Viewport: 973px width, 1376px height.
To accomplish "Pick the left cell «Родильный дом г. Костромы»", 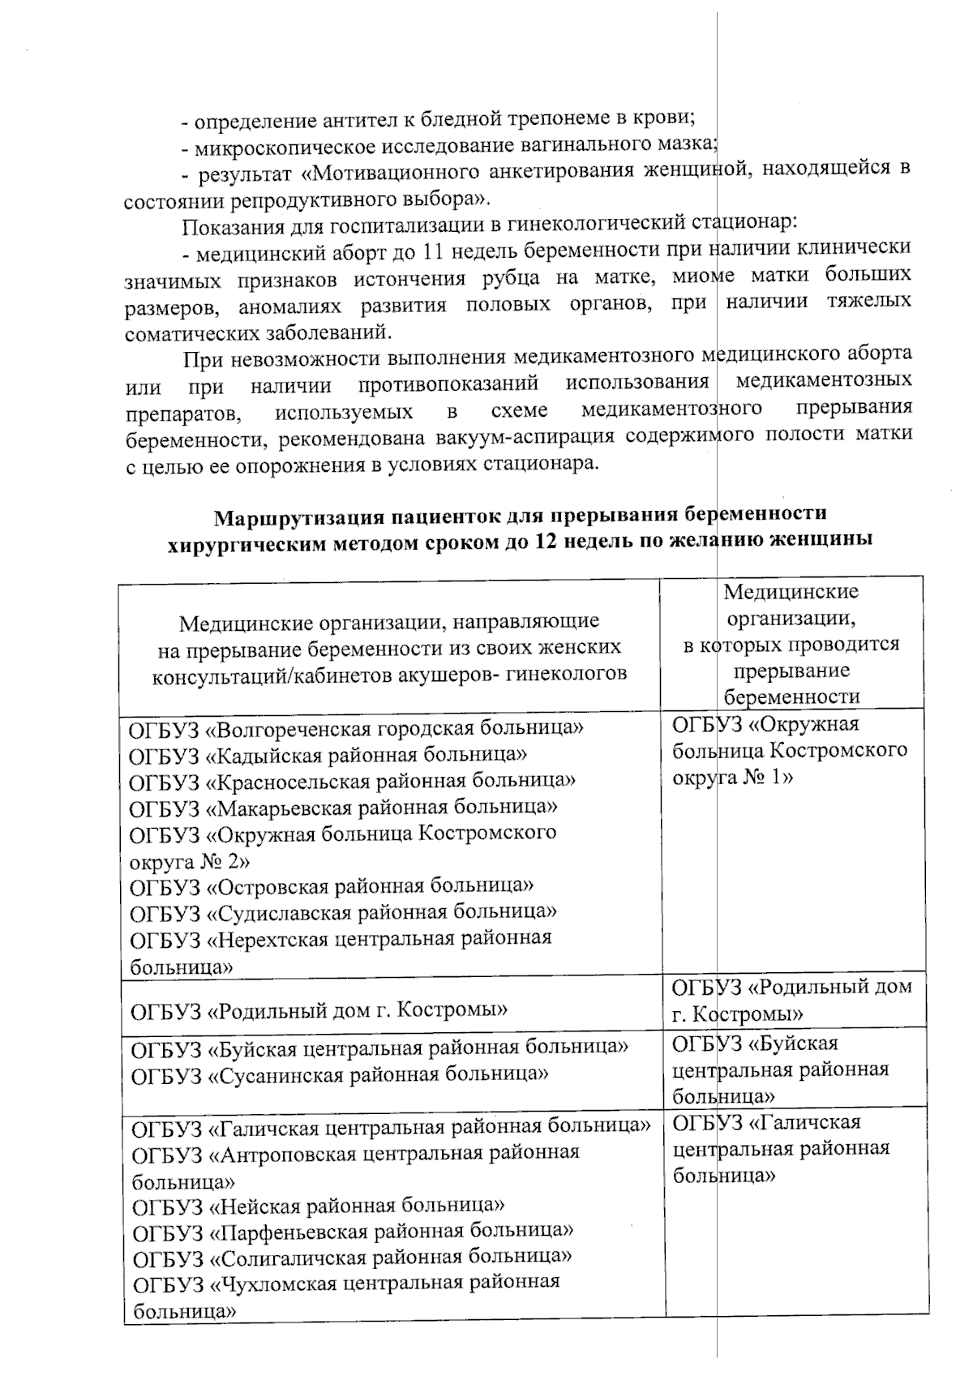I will tap(319, 1010).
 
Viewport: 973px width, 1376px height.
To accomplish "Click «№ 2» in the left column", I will tap(220, 859).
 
